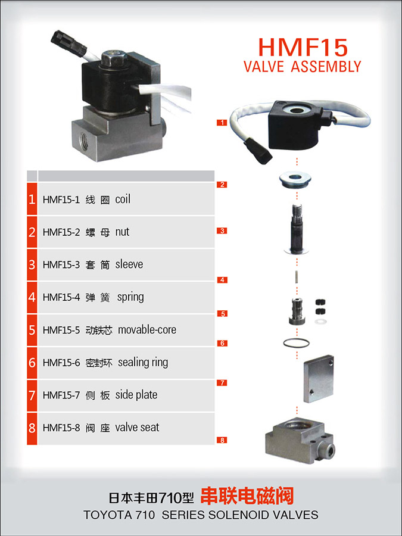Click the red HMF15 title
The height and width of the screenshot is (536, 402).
[x=303, y=47]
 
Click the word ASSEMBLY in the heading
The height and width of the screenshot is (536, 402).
[x=326, y=66]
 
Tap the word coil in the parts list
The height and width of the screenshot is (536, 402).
[x=123, y=199]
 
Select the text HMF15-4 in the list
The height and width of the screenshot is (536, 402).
[x=61, y=297]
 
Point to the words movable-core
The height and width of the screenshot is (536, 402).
[x=147, y=329]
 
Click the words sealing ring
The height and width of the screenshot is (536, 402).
[x=143, y=362]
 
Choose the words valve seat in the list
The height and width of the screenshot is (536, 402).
[x=137, y=427]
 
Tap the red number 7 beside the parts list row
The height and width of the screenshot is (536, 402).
[x=32, y=395]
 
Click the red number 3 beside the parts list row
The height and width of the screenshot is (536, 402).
[x=32, y=264]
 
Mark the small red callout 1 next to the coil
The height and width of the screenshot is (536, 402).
[x=222, y=122]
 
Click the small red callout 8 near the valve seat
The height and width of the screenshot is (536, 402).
[x=222, y=440]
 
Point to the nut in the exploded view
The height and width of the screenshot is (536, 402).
[x=295, y=179]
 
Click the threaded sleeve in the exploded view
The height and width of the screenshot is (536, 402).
[x=296, y=228]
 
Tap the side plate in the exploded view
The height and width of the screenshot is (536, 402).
[x=318, y=379]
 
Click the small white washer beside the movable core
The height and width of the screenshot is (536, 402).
[x=320, y=322]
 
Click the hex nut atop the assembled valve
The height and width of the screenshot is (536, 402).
[x=114, y=58]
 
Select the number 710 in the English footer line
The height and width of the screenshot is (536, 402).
[x=145, y=515]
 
